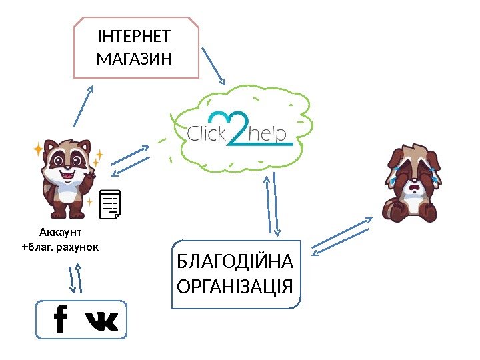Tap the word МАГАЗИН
click(x=134, y=59)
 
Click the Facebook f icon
click(x=60, y=319)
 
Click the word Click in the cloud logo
click(x=207, y=134)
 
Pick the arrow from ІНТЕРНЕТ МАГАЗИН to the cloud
click(x=215, y=67)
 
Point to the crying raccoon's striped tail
click(x=389, y=209)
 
